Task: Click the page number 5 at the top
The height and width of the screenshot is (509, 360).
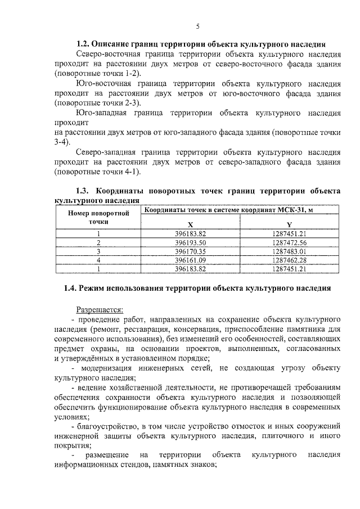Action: tap(198, 26)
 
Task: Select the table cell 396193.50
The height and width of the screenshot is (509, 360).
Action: tap(191, 242)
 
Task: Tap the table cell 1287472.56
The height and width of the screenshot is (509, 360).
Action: tap(289, 242)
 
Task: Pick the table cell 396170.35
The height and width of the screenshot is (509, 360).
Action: tap(191, 251)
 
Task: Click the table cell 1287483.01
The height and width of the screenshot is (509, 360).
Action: tap(289, 251)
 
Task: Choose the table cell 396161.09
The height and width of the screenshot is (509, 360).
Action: tap(191, 260)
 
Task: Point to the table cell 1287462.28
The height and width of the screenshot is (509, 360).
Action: tap(289, 260)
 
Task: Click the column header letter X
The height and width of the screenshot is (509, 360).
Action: tap(191, 224)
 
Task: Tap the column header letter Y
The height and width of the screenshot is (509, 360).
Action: tap(289, 224)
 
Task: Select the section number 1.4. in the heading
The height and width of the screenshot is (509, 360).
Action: tap(71, 289)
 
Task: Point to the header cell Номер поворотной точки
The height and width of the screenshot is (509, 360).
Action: tap(98, 218)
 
